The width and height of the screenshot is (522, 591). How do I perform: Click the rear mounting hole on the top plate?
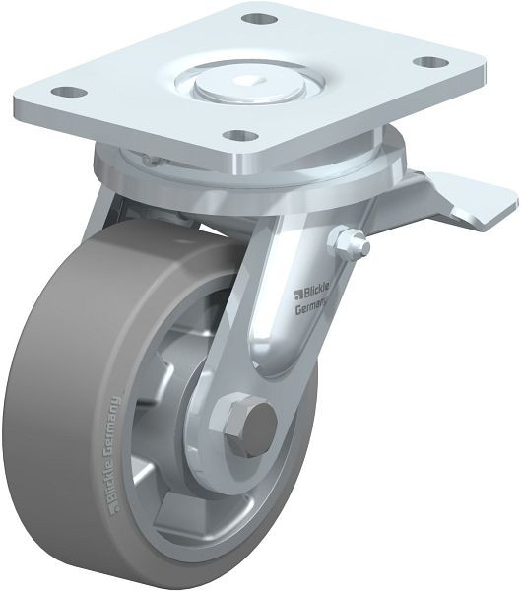pyautogui.click(x=259, y=18)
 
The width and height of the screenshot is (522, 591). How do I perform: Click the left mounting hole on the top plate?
pyautogui.click(x=69, y=92)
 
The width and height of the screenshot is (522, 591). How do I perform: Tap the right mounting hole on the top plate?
pyautogui.click(x=430, y=61)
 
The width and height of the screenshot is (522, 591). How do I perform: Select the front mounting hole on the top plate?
pyautogui.click(x=239, y=135)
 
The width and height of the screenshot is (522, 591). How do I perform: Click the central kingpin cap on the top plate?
pyautogui.click(x=249, y=85)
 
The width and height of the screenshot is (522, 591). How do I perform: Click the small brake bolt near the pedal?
pyautogui.click(x=350, y=241)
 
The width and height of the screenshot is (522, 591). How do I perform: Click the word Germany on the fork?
pyautogui.click(x=311, y=306)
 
